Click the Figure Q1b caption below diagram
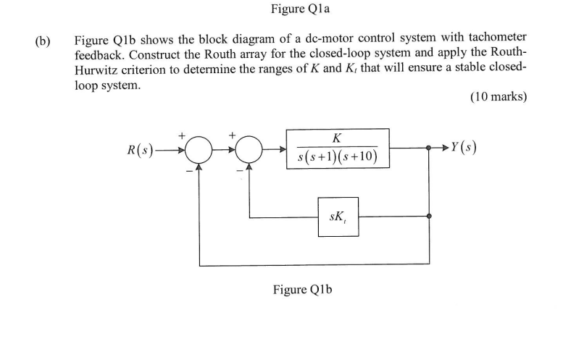click(x=302, y=290)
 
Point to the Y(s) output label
click(x=463, y=148)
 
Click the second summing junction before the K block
click(x=249, y=150)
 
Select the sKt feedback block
click(x=337, y=216)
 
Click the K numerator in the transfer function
click(x=337, y=138)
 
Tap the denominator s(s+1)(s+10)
click(x=337, y=157)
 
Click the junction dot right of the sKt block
click(x=430, y=217)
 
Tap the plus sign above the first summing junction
click(x=183, y=135)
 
